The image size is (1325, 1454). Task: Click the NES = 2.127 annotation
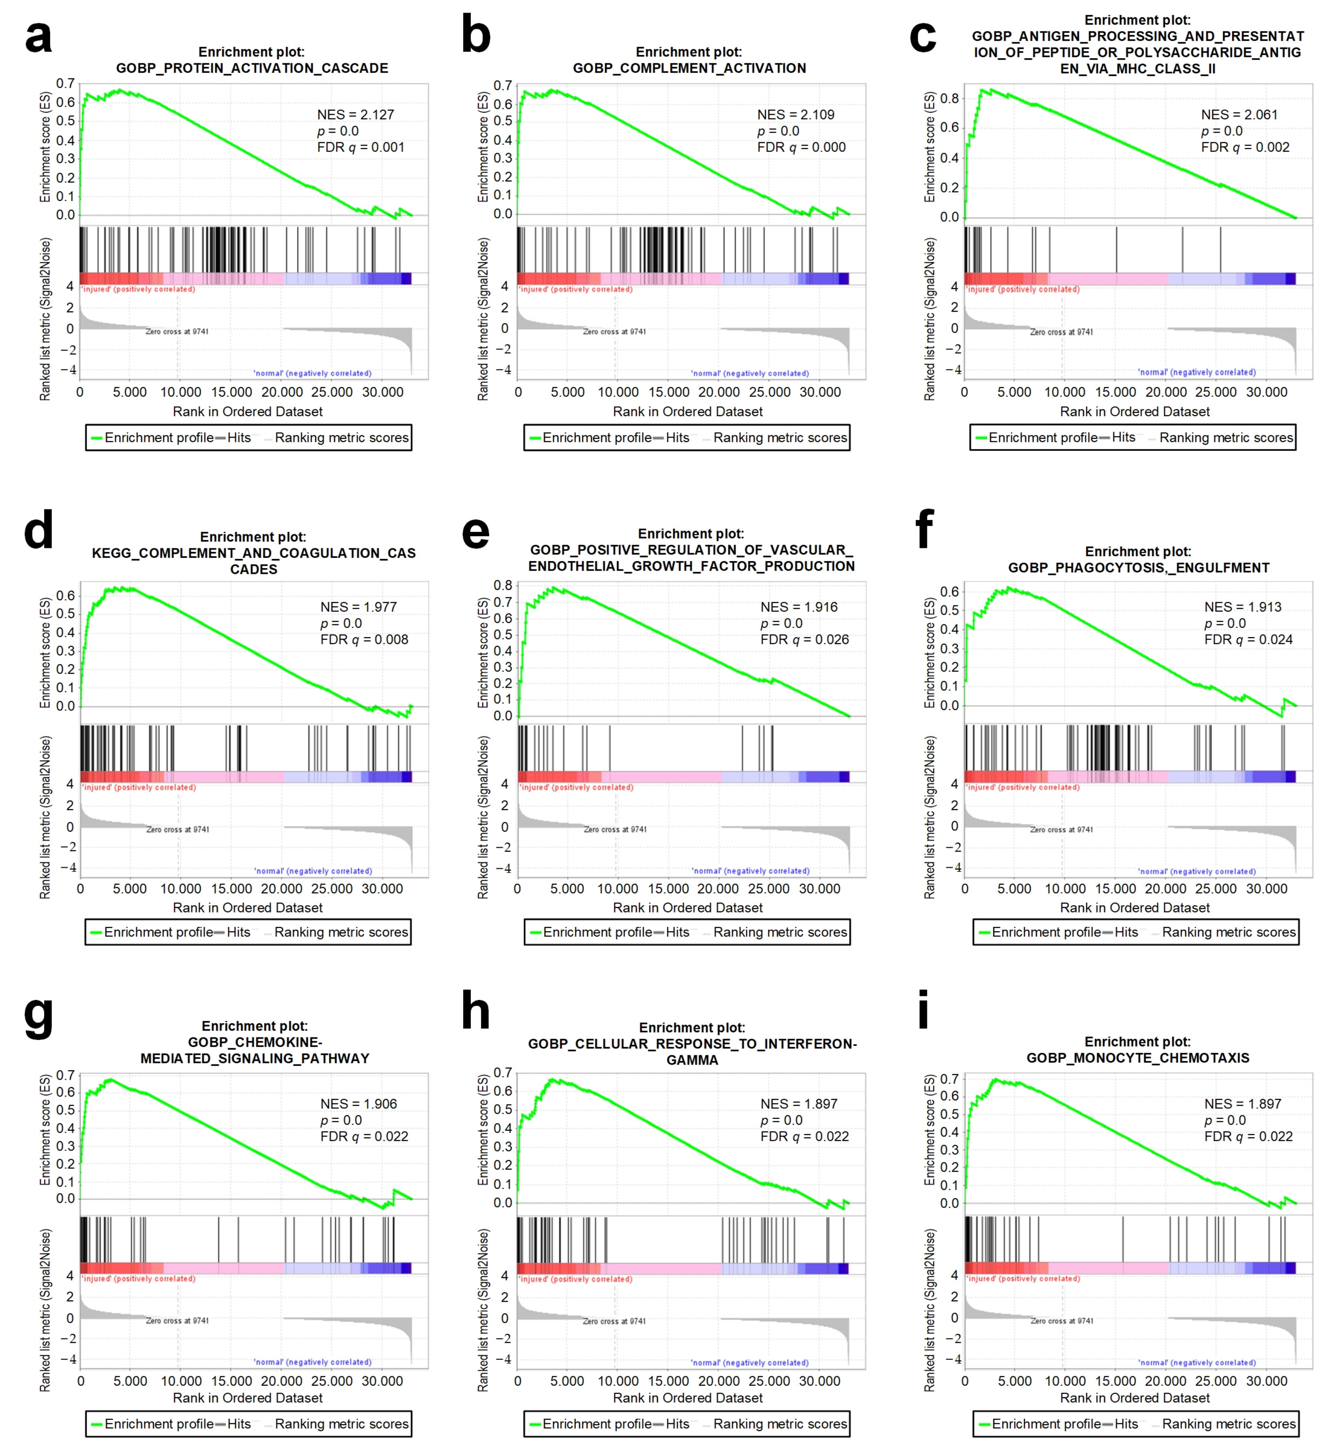355,115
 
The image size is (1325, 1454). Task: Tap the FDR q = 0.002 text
1245,147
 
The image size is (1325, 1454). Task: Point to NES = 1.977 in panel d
358,607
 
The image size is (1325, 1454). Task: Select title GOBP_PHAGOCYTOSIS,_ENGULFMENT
1138,568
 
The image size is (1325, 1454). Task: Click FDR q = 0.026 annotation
805,640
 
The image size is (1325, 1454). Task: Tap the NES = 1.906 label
358,1104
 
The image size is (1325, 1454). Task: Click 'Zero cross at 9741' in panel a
177,332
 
